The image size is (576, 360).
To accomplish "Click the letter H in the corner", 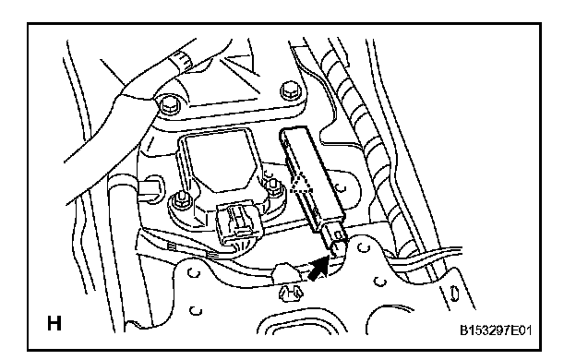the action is point(54,323).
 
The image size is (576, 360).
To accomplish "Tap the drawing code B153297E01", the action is point(496,330).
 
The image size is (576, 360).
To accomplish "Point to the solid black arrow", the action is point(318,269).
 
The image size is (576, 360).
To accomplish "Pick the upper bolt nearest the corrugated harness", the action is point(291,90).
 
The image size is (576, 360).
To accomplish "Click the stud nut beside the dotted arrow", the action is point(272,186).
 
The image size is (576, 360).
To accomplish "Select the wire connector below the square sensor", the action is point(235,223).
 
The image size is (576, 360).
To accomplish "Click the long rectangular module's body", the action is point(311,175).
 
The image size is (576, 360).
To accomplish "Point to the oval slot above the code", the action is point(455,294).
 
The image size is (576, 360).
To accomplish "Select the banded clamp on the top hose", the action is point(181,60).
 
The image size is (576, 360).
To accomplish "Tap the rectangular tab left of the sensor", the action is point(150,191).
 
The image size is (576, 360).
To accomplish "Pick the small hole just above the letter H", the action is point(196,310).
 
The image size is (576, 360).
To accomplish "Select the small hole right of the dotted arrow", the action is point(342,189).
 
